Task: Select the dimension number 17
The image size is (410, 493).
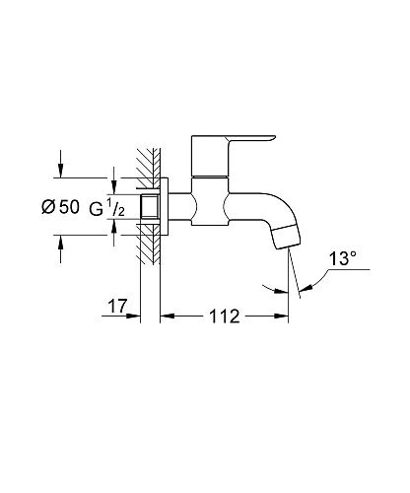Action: click(115, 307)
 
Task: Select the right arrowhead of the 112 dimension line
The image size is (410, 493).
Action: click(283, 317)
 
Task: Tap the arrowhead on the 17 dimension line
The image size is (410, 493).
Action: click(138, 317)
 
